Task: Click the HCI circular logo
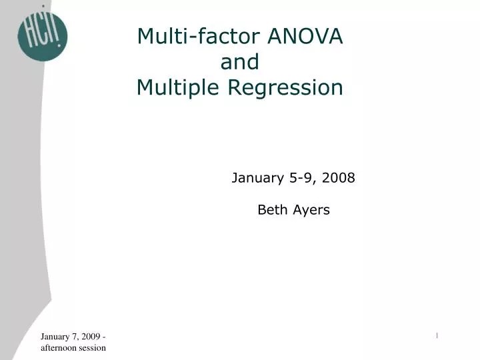[x=42, y=34]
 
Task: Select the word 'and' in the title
[x=239, y=62]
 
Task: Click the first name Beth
[x=271, y=211]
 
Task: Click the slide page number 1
[x=437, y=335]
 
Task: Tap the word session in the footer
[x=94, y=347]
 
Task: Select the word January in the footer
[x=55, y=337]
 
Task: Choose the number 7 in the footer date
[x=75, y=337]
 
